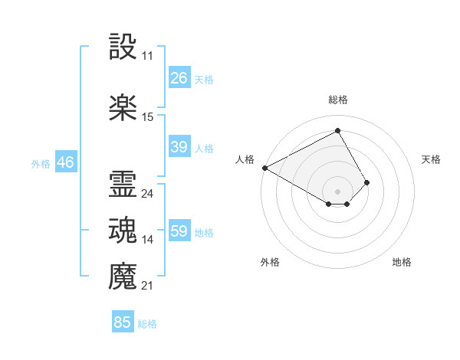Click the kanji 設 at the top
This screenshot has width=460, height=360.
pyautogui.click(x=123, y=47)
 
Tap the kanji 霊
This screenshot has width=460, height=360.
pyautogui.click(x=123, y=184)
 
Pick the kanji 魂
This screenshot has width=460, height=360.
pyautogui.click(x=123, y=230)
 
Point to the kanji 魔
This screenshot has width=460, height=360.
pyautogui.click(x=123, y=275)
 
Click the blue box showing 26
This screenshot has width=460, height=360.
pyautogui.click(x=179, y=78)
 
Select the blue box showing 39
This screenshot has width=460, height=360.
pyautogui.click(x=179, y=147)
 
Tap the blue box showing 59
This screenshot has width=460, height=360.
pyautogui.click(x=179, y=231)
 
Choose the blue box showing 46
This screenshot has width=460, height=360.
pyautogui.click(x=65, y=162)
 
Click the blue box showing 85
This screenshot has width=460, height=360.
pyautogui.click(x=123, y=322)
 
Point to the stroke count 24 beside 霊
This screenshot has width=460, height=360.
pyautogui.click(x=147, y=194)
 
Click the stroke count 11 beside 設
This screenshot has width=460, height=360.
pyautogui.click(x=147, y=57)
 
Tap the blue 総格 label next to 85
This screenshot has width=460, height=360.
pyautogui.click(x=147, y=324)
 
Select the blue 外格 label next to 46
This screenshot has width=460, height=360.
pyautogui.click(x=41, y=163)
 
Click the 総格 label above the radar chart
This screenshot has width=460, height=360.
pyautogui.click(x=337, y=100)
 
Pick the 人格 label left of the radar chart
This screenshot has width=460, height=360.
pyautogui.click(x=245, y=159)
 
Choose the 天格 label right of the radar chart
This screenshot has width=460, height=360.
pyautogui.click(x=431, y=159)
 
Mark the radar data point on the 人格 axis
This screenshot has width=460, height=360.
pyautogui.click(x=264, y=168)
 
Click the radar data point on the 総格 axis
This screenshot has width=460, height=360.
pyautogui.click(x=337, y=131)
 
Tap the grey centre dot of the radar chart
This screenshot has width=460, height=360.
pyautogui.click(x=337, y=191)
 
